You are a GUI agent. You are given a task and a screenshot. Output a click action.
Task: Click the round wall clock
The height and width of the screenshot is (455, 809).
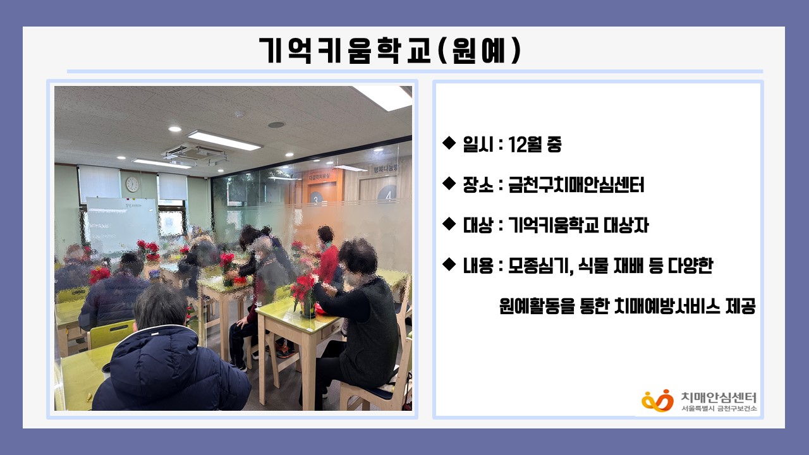(132, 184)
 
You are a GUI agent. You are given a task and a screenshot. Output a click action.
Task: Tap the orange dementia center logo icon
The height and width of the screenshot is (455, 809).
(657, 401)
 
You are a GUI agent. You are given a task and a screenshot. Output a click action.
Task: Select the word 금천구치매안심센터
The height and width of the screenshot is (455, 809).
(576, 185)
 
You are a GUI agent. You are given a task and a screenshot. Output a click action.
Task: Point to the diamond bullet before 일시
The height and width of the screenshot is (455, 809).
(449, 143)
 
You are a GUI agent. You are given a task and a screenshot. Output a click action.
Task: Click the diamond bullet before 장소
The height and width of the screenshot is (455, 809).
(449, 183)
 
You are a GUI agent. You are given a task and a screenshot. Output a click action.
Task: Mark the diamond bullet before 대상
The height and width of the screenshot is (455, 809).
(449, 224)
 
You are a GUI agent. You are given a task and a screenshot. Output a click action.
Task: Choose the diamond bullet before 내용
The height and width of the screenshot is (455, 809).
(449, 264)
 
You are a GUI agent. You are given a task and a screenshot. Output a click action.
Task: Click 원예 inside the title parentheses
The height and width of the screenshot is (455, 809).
(478, 50)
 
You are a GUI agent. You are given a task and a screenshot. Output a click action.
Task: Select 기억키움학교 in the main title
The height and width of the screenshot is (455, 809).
(345, 51)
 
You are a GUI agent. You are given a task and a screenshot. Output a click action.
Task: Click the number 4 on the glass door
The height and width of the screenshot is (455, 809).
(388, 196)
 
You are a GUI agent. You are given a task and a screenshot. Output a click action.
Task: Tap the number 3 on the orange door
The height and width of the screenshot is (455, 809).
(317, 199)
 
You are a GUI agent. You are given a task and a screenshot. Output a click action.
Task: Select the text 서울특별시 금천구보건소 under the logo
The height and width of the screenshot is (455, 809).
(719, 408)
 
